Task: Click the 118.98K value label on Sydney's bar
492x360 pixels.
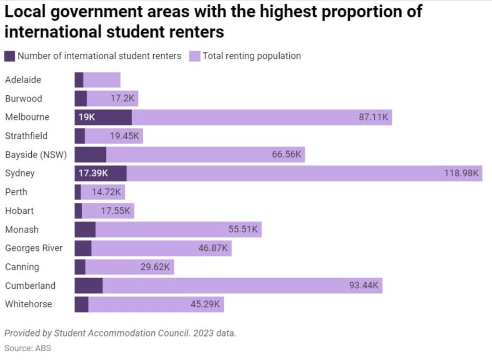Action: (x=461, y=174)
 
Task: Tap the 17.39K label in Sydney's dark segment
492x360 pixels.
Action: (x=93, y=174)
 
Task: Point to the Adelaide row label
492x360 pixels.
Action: (x=23, y=80)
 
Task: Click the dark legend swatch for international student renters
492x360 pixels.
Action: (x=10, y=56)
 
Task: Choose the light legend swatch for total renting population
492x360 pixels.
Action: (x=195, y=56)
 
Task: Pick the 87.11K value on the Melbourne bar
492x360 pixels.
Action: (x=373, y=117)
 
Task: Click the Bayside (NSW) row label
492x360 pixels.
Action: (x=36, y=155)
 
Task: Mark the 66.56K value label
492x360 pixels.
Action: (x=286, y=155)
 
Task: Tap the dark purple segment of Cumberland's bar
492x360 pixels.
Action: (x=88, y=286)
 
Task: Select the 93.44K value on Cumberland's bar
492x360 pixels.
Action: (x=364, y=286)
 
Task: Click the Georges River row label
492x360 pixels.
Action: (x=34, y=248)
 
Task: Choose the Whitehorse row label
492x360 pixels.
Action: (x=28, y=304)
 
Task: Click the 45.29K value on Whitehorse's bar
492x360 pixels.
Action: (x=205, y=304)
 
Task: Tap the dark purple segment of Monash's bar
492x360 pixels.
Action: (x=85, y=230)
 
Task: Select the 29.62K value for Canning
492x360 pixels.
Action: (x=155, y=267)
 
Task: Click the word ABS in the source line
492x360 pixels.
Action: (x=43, y=348)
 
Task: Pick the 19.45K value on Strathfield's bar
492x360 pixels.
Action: (x=124, y=136)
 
